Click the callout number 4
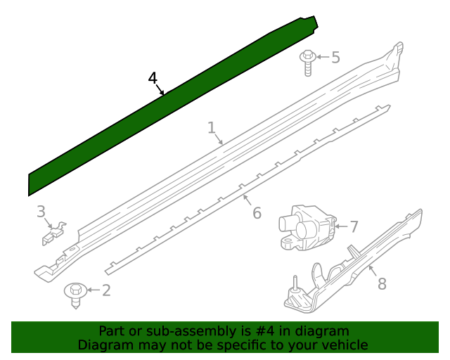[x=153, y=78]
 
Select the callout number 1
[x=211, y=127]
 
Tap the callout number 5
[x=335, y=57]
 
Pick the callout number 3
[x=41, y=211]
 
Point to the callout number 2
[x=106, y=290]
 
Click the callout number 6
[x=257, y=212]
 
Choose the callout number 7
[x=354, y=226]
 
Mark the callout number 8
[x=382, y=283]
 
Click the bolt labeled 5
[x=308, y=62]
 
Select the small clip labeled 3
[x=53, y=232]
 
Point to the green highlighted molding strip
[x=169, y=105]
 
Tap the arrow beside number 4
[x=161, y=90]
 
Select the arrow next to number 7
[x=339, y=226]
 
